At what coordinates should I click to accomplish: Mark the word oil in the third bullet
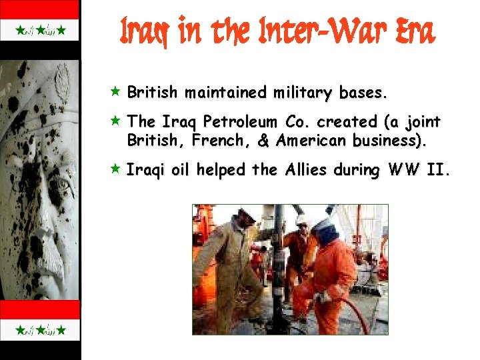179,171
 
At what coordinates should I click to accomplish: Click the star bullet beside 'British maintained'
115,91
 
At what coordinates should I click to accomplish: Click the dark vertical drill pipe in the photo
278,260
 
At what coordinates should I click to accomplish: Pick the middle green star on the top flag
40,30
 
